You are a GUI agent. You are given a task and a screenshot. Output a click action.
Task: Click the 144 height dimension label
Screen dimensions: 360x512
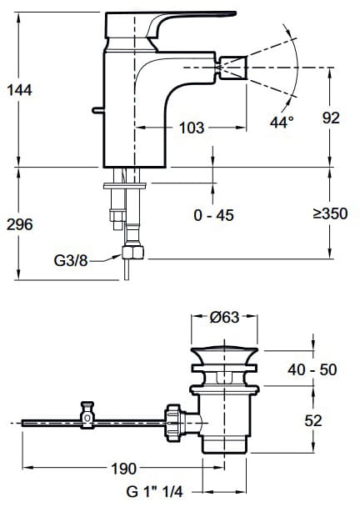[x=19, y=90]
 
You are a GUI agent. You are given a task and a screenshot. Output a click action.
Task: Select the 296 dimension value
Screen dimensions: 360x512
[x=19, y=224]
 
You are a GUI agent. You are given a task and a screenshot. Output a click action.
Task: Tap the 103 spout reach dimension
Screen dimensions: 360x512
[x=192, y=128]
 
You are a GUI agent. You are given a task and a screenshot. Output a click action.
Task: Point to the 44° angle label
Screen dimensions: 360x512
[x=282, y=122]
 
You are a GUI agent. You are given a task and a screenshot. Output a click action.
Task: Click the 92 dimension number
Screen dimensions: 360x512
[x=331, y=118]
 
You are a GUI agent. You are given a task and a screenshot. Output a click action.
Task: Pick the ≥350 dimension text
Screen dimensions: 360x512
[x=330, y=213]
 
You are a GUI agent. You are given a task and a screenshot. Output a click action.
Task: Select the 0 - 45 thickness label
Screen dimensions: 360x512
[x=214, y=215]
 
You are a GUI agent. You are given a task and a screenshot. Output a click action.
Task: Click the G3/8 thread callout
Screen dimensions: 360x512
[x=71, y=260]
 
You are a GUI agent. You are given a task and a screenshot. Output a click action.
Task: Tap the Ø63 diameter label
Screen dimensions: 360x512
[x=224, y=317]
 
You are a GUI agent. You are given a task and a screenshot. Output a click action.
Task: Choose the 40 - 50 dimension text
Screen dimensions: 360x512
[x=312, y=369]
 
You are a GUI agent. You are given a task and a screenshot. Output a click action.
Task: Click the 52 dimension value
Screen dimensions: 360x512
[x=313, y=420]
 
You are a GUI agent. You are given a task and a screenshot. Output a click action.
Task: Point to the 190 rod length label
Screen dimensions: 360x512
[x=124, y=469]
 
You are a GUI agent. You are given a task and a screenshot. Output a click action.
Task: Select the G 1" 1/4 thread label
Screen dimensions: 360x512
[x=155, y=492]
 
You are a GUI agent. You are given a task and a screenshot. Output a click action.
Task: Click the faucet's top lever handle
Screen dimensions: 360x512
[x=170, y=25]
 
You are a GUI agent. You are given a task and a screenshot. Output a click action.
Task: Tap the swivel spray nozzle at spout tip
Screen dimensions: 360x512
[x=233, y=68]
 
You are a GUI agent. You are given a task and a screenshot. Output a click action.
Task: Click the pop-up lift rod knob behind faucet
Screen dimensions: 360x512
[x=97, y=110]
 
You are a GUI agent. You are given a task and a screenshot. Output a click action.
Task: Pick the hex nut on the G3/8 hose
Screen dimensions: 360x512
[x=132, y=253]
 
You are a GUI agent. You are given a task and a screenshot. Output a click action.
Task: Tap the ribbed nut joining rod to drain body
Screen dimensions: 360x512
[x=172, y=423]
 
